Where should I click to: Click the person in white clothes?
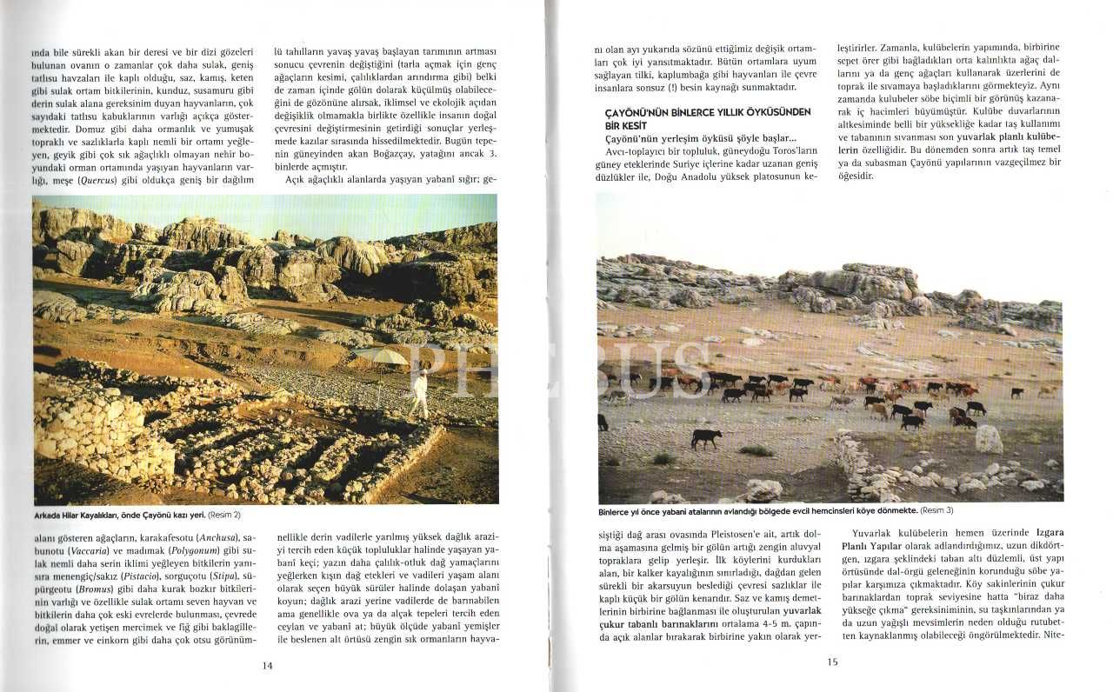coord(420,392)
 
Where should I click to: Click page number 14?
coord(267,665)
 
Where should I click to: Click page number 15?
coord(831,662)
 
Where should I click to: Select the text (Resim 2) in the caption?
coord(223,515)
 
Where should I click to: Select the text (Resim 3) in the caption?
coord(936,510)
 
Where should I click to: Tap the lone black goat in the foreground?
coord(705,437)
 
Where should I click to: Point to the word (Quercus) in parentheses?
coord(101,180)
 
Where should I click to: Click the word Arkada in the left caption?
coord(50,515)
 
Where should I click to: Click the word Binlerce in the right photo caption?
coord(616,510)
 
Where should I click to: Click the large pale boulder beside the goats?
coord(988,439)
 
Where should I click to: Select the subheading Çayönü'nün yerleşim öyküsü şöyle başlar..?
coord(700,139)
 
